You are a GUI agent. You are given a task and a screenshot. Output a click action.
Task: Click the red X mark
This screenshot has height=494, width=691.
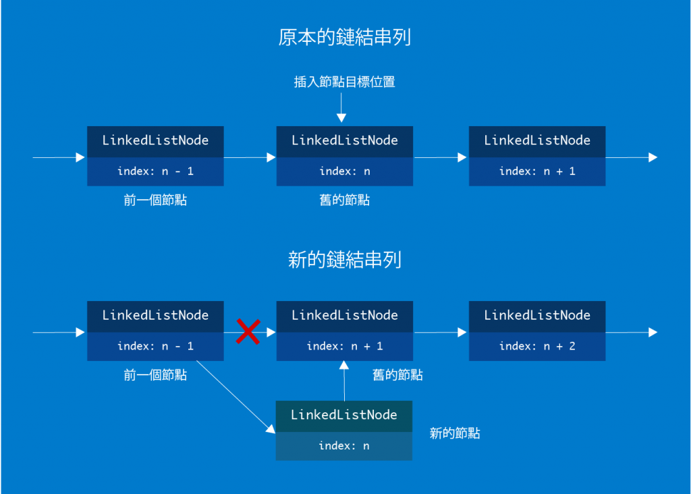(x=248, y=331)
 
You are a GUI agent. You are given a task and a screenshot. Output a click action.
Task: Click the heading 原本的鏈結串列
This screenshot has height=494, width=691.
(x=344, y=37)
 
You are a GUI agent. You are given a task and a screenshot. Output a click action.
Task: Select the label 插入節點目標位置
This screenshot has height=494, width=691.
(x=344, y=82)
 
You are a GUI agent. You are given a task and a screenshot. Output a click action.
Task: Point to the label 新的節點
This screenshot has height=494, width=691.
(x=455, y=433)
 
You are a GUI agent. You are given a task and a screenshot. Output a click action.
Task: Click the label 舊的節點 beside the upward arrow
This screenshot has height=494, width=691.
(x=397, y=375)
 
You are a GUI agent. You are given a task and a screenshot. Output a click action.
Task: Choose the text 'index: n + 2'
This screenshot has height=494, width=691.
(x=537, y=346)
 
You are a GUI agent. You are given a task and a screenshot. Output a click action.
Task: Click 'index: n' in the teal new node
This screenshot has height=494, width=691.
(x=344, y=445)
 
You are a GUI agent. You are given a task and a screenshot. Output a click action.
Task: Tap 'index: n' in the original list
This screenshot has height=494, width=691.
(x=344, y=171)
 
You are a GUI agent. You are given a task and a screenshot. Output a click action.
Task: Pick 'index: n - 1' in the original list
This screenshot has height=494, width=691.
(x=155, y=171)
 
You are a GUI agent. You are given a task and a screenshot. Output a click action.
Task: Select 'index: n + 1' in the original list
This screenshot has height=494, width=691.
(x=537, y=171)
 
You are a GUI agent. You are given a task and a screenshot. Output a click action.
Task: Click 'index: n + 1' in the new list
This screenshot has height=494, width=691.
(x=344, y=346)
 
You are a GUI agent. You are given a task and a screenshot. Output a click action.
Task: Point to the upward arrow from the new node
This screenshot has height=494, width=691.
(x=344, y=381)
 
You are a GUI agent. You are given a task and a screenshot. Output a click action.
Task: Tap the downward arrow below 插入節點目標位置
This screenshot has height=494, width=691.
(x=341, y=108)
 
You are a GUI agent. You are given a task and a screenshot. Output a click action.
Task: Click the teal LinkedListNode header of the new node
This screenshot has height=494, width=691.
(x=344, y=415)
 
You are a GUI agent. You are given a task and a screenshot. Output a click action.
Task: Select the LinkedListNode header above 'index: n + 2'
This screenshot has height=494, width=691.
(x=537, y=315)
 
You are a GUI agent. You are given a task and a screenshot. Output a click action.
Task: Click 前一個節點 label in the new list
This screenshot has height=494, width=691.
(x=155, y=375)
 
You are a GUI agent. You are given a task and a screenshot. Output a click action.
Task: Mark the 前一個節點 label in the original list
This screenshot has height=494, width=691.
(x=155, y=200)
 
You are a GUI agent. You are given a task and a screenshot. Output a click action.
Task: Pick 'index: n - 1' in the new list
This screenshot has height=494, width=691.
(x=155, y=346)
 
